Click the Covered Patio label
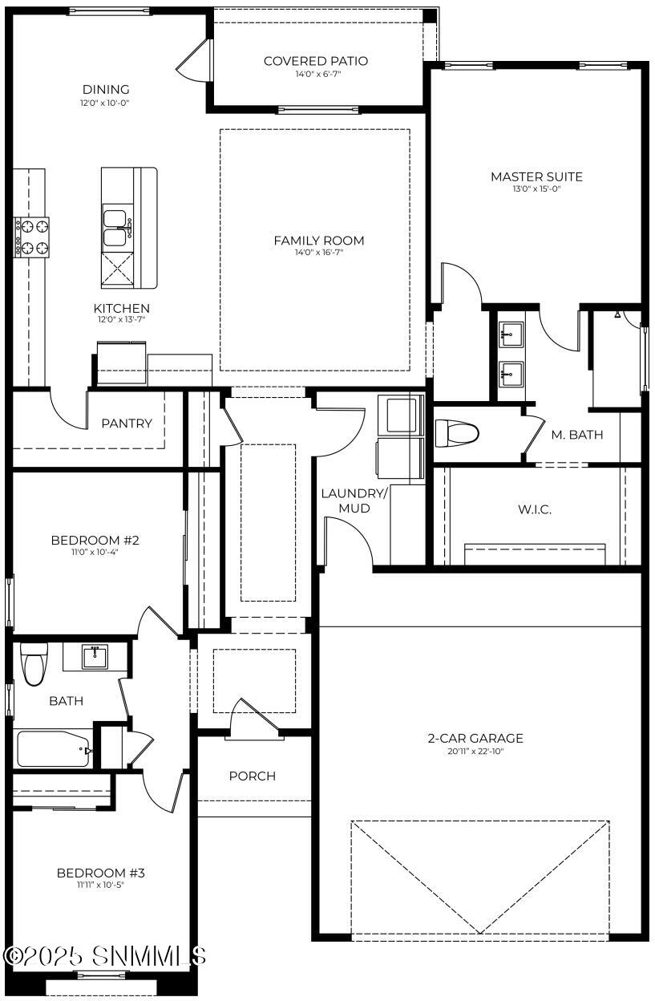click(316, 61)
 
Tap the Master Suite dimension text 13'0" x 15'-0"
click(536, 189)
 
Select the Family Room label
click(318, 241)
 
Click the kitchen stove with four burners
click(32, 237)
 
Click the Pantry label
click(126, 423)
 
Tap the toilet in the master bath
click(456, 434)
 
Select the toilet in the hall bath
click(33, 665)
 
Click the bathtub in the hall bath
click(54, 749)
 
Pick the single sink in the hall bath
click(95, 658)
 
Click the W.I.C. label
click(535, 509)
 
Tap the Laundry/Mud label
click(354, 500)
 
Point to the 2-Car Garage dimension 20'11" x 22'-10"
click(475, 751)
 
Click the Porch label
click(252, 776)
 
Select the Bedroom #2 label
click(95, 540)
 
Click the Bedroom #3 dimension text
click(100, 885)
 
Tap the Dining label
click(106, 89)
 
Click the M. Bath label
click(576, 435)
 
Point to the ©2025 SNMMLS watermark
click(105, 955)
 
